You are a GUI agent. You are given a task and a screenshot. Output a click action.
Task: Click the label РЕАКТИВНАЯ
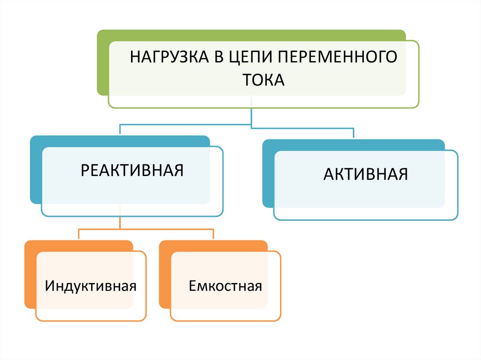132,170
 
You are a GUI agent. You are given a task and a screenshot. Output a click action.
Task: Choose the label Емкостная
225,285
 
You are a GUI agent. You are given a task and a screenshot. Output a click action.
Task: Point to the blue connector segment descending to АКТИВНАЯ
353,133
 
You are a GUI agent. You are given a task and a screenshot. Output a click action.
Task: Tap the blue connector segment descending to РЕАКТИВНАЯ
120,130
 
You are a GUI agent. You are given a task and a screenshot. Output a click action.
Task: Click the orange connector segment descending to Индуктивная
78,235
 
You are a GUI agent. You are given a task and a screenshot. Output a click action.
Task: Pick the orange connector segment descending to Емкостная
213,235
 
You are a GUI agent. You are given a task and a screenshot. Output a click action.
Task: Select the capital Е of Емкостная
192,285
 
